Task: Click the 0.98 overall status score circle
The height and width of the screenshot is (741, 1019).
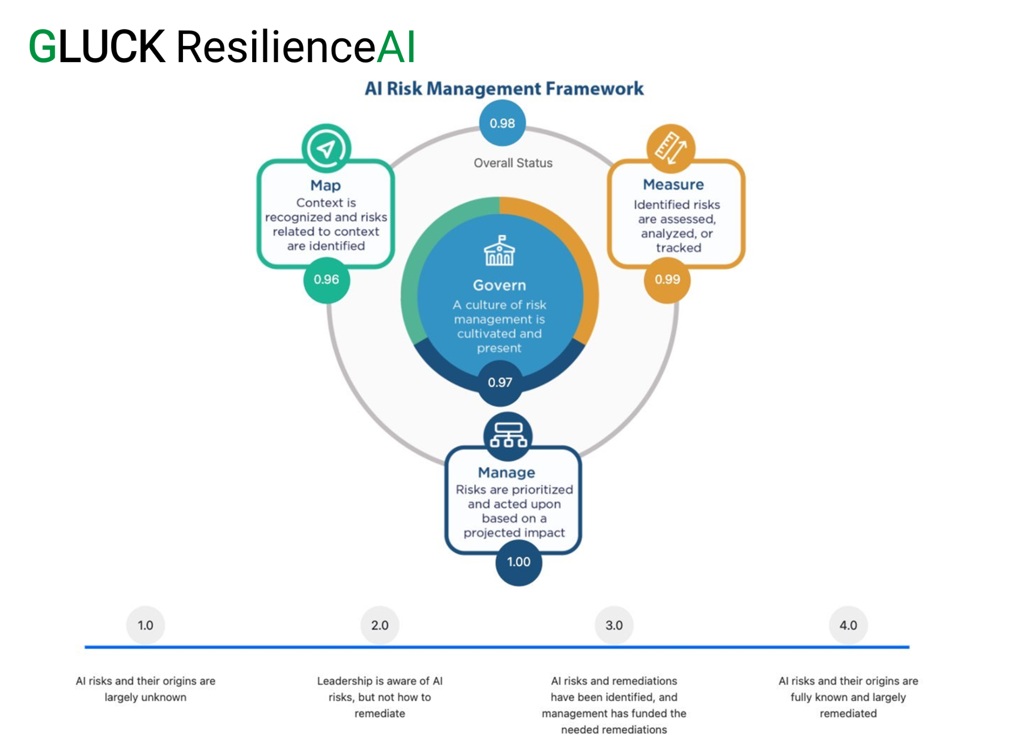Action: coord(502,123)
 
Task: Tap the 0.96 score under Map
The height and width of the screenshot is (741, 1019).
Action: coord(327,279)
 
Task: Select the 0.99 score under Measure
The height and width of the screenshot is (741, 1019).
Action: coord(667,279)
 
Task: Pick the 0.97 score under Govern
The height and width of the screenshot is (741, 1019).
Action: coord(500,382)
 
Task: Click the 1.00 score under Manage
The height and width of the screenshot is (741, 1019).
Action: coord(519,562)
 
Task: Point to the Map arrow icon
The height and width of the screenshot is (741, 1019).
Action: coord(326,148)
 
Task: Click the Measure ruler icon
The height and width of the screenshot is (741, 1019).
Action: coord(671,148)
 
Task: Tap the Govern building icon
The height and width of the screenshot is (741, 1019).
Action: coord(499,251)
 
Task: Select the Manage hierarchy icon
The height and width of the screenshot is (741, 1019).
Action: coord(508,435)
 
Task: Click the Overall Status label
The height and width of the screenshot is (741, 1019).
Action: coord(513,163)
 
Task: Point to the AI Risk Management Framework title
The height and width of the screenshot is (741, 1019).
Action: coord(504,89)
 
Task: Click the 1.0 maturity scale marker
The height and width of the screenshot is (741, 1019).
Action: coord(145,625)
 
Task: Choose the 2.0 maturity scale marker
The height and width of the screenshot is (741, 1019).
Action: coord(380,625)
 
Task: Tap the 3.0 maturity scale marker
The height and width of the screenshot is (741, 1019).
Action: coord(614,625)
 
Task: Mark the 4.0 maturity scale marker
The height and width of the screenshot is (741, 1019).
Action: coord(848,625)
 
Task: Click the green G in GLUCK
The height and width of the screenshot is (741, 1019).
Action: coord(43,47)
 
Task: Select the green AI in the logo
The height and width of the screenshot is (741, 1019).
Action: coord(396,47)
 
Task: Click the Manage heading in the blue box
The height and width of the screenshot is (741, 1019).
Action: coord(506,472)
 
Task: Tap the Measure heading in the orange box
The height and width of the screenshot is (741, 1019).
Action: coord(673,184)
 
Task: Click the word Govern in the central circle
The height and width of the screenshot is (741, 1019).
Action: coord(499,285)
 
